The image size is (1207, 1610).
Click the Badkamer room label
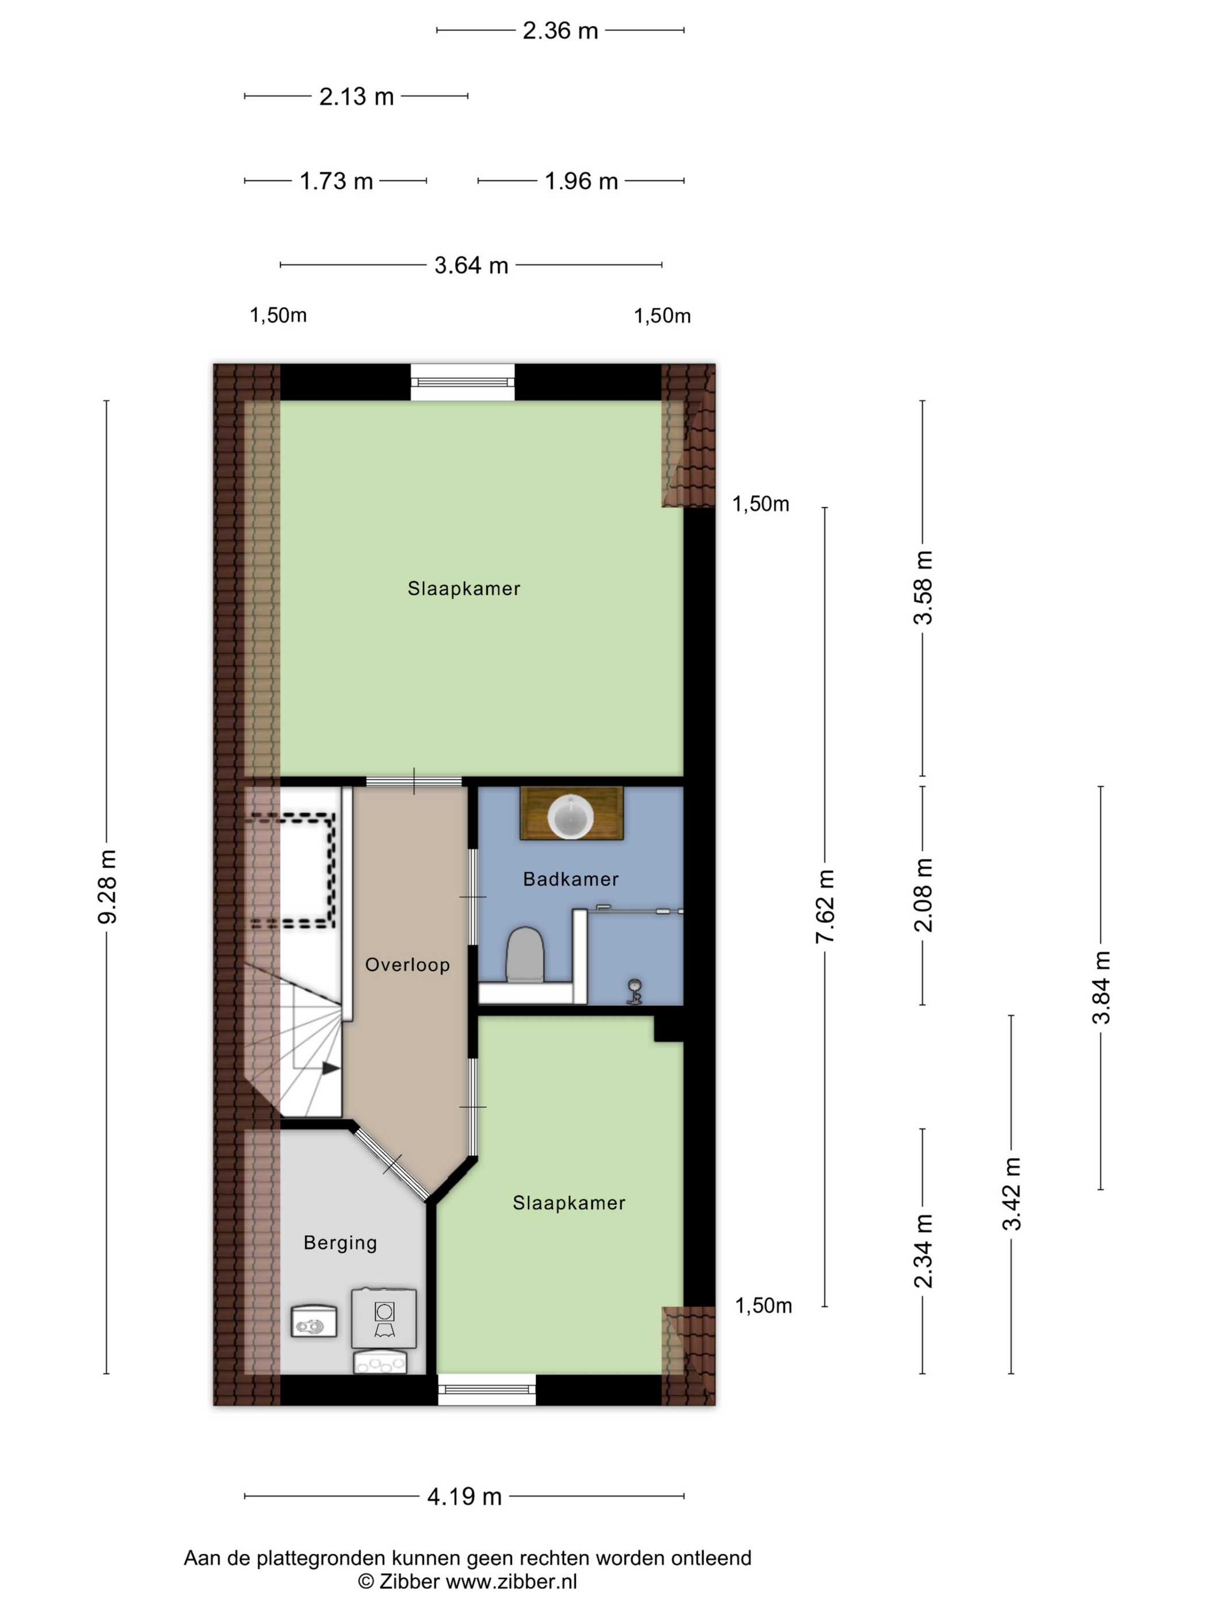point(570,879)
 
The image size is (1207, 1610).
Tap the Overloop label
point(408,965)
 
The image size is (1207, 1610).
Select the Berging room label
point(340,1243)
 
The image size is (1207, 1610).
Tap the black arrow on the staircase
point(331,1068)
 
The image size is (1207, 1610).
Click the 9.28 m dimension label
point(107,887)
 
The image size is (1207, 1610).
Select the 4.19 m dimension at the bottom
point(464,1497)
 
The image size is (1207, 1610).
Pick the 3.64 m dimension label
point(471,265)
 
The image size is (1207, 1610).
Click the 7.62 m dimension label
point(824,906)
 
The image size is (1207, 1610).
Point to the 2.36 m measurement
point(560,30)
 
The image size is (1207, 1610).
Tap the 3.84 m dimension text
point(1100,987)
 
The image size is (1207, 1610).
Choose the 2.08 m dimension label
point(922,895)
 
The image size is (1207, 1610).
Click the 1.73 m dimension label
point(336,181)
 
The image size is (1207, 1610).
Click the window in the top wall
point(462,381)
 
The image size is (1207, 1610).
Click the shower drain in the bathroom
point(635,991)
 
